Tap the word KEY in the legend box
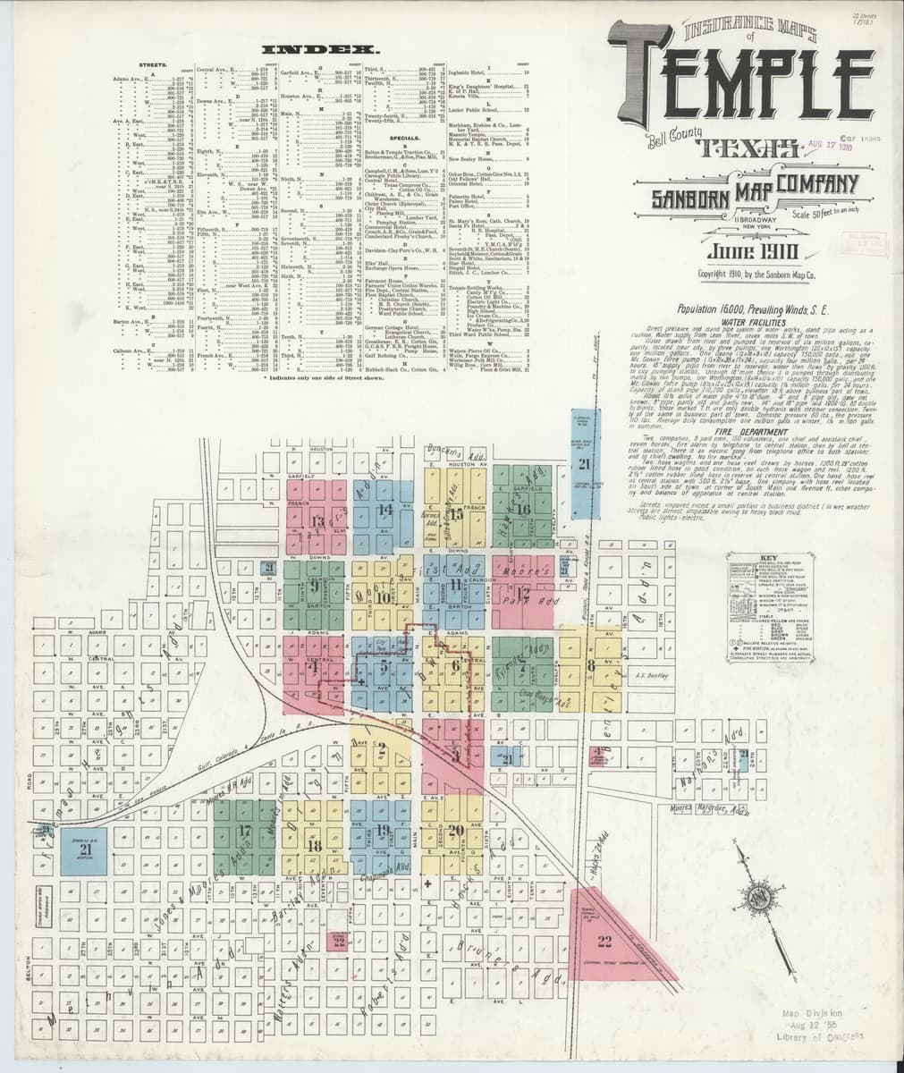(x=762, y=557)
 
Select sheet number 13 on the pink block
(x=317, y=520)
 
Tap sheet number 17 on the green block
(x=244, y=831)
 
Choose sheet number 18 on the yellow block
(x=313, y=845)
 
